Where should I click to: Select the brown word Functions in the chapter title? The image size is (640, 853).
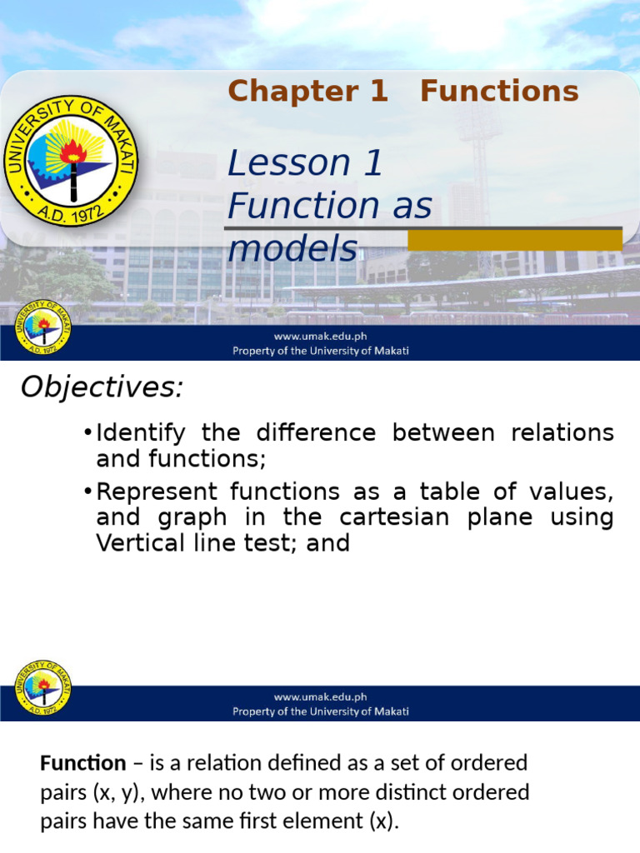point(499,92)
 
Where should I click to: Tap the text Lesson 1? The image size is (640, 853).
point(305,163)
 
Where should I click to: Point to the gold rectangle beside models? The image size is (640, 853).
point(514,240)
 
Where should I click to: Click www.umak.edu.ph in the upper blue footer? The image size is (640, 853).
point(320,337)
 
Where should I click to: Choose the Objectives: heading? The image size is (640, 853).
point(101,387)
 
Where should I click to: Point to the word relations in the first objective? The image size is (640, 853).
point(562,433)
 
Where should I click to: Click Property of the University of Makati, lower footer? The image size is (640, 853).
point(320,711)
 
